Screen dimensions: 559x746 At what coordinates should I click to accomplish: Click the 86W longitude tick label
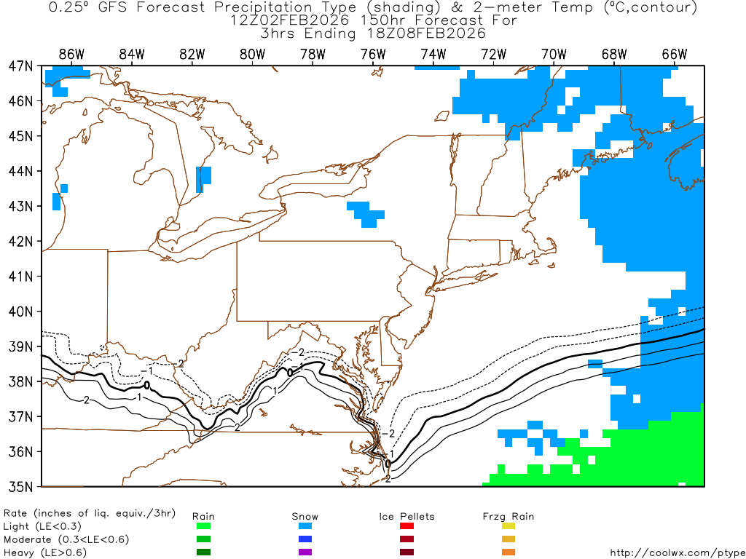click(x=71, y=54)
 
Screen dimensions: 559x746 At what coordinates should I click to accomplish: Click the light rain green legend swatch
click(x=203, y=526)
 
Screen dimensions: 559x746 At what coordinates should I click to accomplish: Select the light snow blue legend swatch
click(x=305, y=526)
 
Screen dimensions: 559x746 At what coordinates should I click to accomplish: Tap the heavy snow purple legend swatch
click(x=305, y=552)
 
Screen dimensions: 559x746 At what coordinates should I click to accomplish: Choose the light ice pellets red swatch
click(x=407, y=526)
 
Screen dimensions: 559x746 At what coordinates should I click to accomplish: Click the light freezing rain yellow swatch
click(x=509, y=526)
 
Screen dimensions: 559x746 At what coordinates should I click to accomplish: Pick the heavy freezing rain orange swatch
click(x=509, y=552)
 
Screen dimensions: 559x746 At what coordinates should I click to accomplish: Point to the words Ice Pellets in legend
click(x=407, y=516)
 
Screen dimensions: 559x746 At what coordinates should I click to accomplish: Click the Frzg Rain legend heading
click(x=508, y=516)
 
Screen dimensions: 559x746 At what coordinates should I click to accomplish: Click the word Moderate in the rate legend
click(x=28, y=539)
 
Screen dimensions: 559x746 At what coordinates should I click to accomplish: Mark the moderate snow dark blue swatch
click(x=305, y=539)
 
